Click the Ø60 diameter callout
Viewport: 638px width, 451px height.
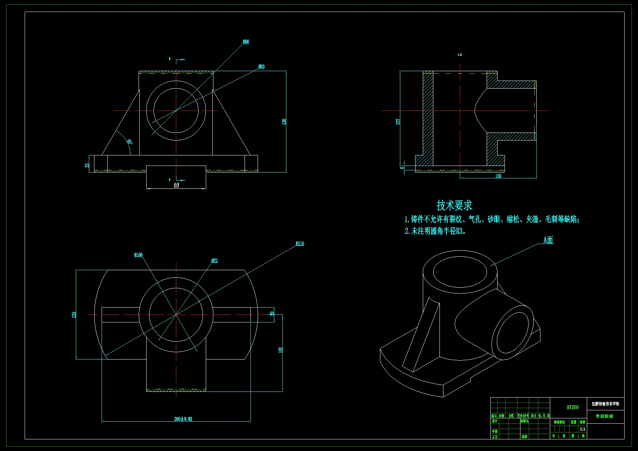(261, 66)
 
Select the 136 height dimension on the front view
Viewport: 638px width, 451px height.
(284, 122)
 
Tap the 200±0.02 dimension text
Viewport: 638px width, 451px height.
(183, 419)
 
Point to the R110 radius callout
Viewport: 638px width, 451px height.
(300, 244)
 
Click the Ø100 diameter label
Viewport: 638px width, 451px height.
(138, 255)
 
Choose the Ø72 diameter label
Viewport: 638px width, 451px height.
(214, 261)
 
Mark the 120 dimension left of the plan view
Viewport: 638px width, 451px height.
(74, 314)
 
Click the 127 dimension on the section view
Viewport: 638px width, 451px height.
(398, 122)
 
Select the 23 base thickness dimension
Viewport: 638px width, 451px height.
(87, 165)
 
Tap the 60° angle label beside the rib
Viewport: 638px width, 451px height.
(130, 142)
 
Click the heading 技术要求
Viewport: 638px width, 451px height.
(454, 205)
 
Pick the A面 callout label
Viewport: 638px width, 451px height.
(548, 240)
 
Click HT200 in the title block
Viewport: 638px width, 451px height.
(572, 407)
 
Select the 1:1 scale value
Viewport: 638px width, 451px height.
(582, 429)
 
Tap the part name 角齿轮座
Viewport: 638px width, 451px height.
(604, 416)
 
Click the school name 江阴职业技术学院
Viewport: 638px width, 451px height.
(605, 404)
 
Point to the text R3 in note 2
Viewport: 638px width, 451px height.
(460, 231)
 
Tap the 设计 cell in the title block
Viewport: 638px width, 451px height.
(495, 421)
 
